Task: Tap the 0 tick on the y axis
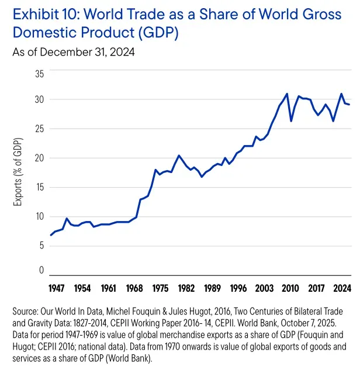[41, 270]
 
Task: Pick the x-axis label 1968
[135, 288]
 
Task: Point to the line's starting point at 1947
[51, 235]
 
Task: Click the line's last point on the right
[349, 105]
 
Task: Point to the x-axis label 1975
[160, 288]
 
